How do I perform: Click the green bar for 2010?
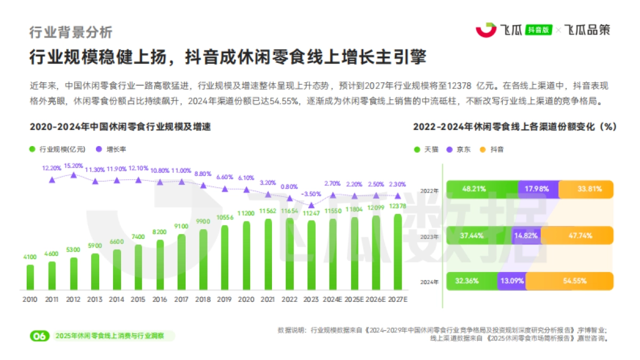coord(30,277)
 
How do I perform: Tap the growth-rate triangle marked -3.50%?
coord(311,204)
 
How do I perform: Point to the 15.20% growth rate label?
coord(73,166)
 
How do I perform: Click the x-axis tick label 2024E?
coord(333,300)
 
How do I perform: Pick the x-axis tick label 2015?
coord(138,300)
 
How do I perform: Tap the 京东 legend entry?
coord(459,149)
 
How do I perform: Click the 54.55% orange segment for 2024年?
coord(569,281)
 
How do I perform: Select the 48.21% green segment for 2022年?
coord(482,189)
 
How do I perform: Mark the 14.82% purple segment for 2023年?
coord(526,235)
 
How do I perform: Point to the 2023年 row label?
coord(429,236)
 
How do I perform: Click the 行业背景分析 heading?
coord(70,32)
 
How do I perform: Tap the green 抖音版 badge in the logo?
coord(538,30)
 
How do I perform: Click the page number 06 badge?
coord(39,336)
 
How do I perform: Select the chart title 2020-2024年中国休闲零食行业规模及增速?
coord(120,127)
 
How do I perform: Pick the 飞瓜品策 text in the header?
coord(587,30)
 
